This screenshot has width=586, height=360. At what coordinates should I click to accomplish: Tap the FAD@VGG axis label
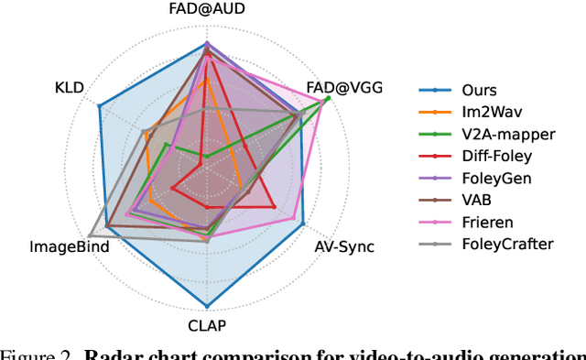click(x=343, y=88)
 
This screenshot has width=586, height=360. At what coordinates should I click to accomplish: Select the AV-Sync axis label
click(x=343, y=246)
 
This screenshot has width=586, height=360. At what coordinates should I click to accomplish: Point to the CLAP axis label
click(x=206, y=324)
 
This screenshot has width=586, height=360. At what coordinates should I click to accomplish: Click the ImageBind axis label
click(x=70, y=246)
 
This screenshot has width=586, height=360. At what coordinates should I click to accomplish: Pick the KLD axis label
click(x=70, y=88)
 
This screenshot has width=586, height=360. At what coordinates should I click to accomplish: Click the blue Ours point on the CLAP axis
click(x=206, y=306)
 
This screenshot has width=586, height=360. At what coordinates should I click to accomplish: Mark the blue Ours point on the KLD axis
click(x=100, y=106)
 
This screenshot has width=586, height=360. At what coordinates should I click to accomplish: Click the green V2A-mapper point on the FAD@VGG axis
click(x=328, y=98)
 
